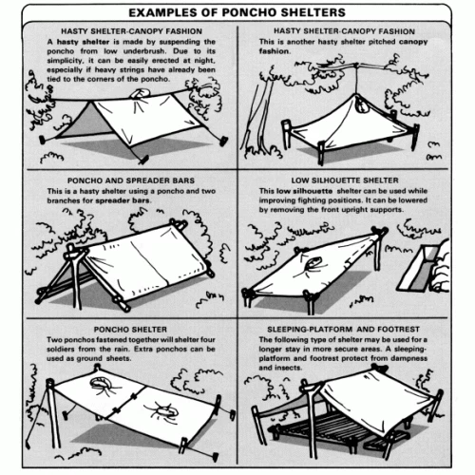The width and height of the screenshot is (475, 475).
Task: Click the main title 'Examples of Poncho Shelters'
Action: [237, 12]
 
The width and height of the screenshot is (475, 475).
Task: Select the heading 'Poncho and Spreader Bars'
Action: [131, 180]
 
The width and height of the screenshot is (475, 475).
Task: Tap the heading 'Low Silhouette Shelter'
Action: [345, 180]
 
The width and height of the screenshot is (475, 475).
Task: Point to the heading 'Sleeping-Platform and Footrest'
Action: [343, 330]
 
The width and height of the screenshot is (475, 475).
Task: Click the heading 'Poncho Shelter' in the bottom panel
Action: [130, 330]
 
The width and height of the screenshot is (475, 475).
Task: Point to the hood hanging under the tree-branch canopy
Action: [361, 104]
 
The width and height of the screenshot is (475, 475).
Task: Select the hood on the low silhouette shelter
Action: [313, 263]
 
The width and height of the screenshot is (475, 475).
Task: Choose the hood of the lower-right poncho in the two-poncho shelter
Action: [166, 411]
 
